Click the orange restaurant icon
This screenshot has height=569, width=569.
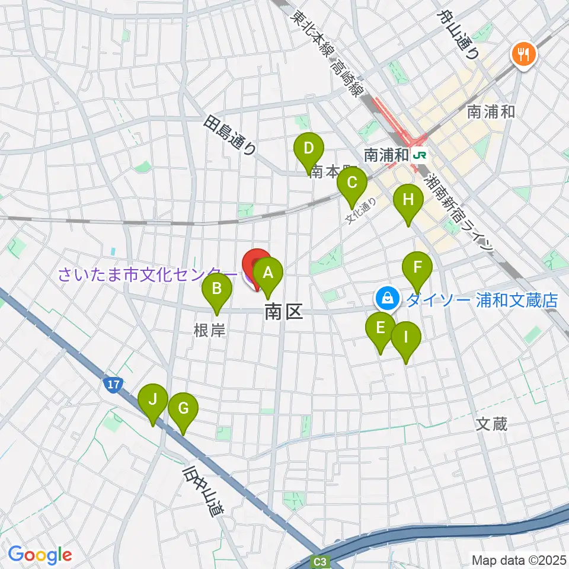(x=523, y=55)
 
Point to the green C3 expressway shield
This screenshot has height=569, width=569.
(x=321, y=561)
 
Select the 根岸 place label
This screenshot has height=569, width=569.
(x=210, y=330)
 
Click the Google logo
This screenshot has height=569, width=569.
(x=40, y=555)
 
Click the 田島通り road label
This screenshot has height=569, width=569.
(x=230, y=136)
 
